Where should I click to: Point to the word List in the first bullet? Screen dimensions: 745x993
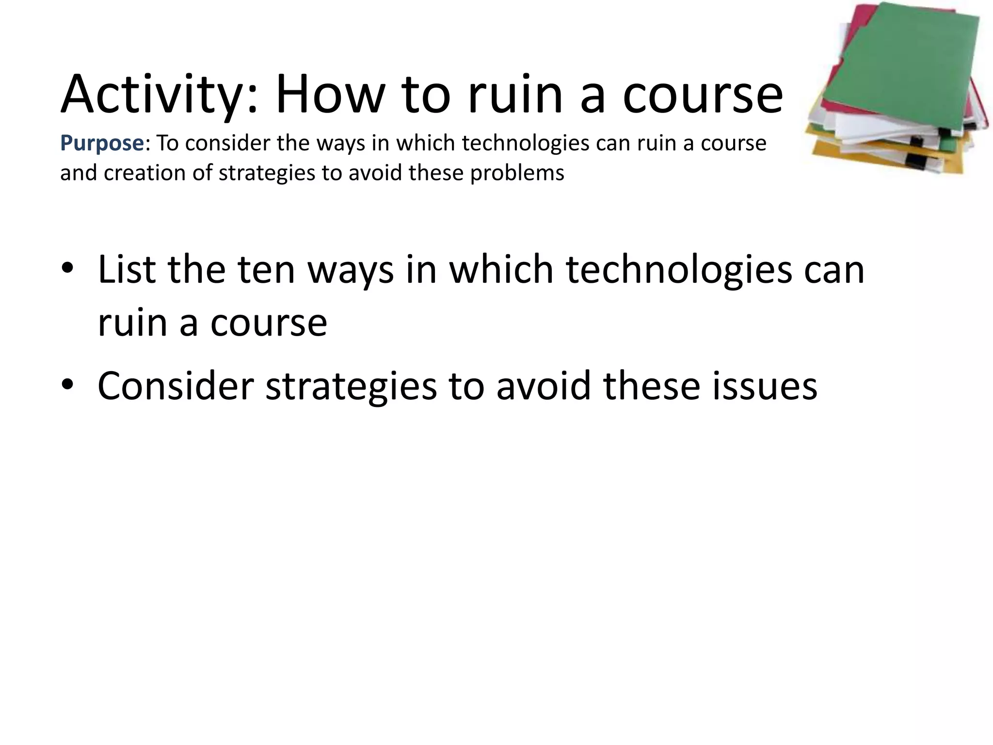click(x=126, y=270)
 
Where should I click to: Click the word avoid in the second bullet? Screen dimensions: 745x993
click(x=544, y=386)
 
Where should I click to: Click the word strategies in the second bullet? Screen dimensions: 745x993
click(x=351, y=386)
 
